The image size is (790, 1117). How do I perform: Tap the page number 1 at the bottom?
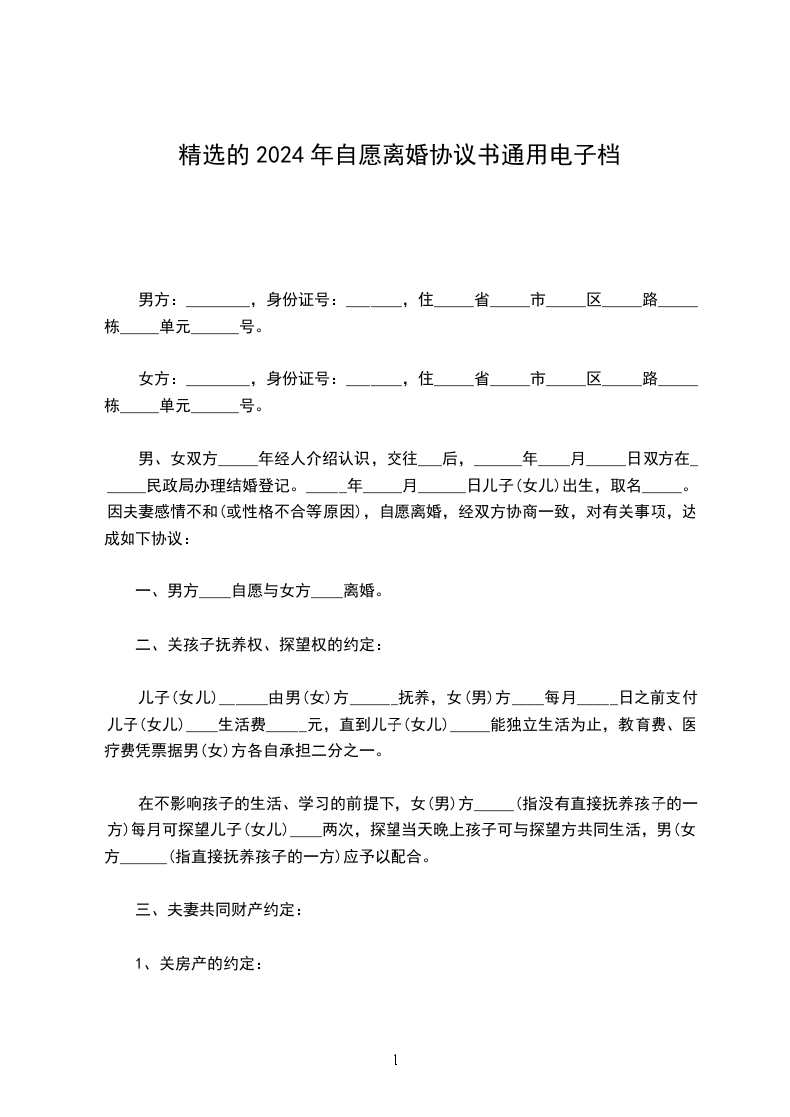(395, 1060)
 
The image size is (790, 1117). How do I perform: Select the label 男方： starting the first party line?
(160, 299)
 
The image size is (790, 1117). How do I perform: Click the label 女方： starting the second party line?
(160, 379)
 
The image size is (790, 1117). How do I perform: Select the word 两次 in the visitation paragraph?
(340, 830)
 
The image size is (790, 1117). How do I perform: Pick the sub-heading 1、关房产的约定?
(199, 963)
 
